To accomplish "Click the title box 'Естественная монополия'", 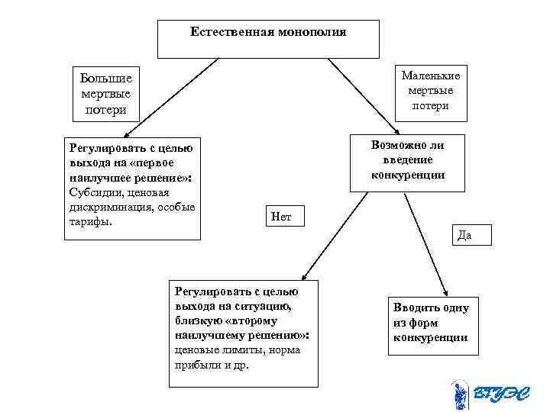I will coord(268,39).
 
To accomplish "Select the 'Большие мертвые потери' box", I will coord(106,94).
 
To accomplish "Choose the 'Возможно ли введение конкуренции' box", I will coord(408,160).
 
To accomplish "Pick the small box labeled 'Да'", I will coord(464,235).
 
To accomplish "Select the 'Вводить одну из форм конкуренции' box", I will coord(432,325).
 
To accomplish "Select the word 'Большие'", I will coord(106,78).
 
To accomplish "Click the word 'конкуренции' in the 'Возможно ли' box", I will coord(408,175).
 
